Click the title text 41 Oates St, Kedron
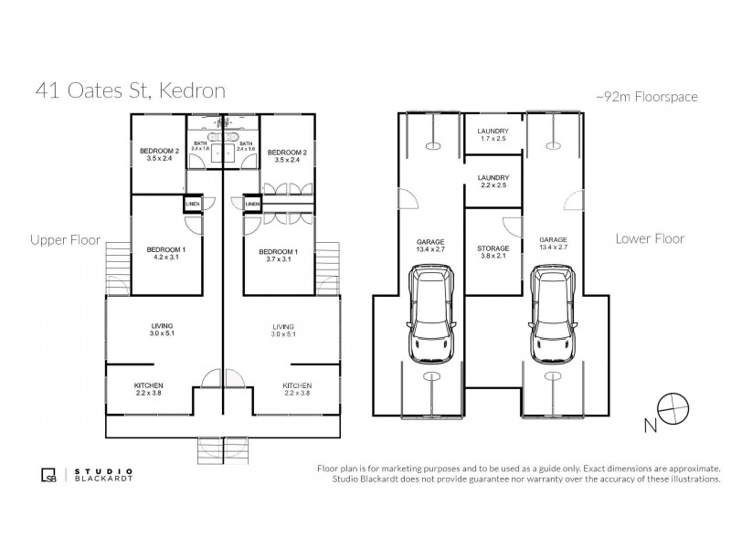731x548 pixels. [130, 90]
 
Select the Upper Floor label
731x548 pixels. [66, 240]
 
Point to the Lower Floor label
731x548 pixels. [650, 238]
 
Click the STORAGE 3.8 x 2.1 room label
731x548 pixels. [493, 252]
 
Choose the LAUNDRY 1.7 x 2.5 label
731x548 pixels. [493, 135]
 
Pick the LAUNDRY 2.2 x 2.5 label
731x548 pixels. [493, 182]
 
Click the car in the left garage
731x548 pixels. [431, 313]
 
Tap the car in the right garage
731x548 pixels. [554, 313]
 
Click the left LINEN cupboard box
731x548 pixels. [193, 204]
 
